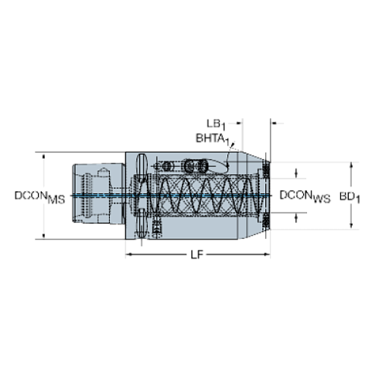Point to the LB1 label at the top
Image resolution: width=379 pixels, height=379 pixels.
[x=217, y=122]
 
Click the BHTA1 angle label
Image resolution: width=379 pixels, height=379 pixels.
[x=211, y=138]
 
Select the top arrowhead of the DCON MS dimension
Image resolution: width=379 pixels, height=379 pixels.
[x=43, y=155]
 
